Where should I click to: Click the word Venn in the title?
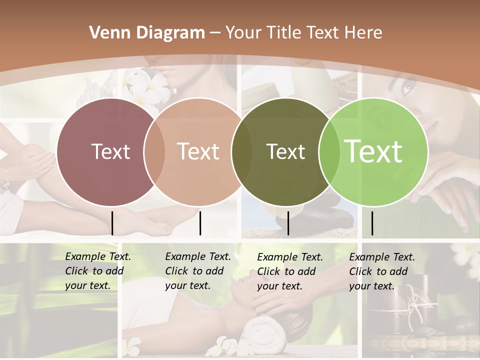[x=108, y=33]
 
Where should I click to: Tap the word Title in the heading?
[x=283, y=33]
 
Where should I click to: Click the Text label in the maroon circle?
[x=110, y=151]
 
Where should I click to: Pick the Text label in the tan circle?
[x=198, y=151]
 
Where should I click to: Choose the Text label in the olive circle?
[x=285, y=151]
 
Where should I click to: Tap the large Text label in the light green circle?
[x=373, y=151]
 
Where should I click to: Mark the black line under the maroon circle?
[x=112, y=223]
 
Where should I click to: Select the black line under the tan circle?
[x=200, y=223]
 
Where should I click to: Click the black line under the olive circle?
[x=288, y=223]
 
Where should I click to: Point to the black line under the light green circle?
[x=372, y=223]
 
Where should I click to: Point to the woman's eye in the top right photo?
[x=407, y=88]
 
